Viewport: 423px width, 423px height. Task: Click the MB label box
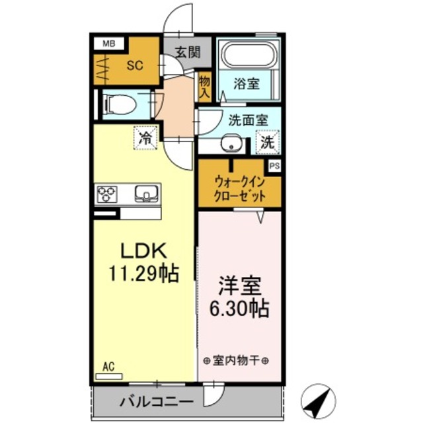(x=108, y=44)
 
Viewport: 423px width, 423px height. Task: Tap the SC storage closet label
(x=135, y=65)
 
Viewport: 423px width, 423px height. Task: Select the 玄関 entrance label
(x=187, y=53)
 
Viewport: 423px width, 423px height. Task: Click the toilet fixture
(x=120, y=104)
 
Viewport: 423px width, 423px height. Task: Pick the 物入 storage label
(x=204, y=87)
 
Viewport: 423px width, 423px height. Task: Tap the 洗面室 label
(x=248, y=121)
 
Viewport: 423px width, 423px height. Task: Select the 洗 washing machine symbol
(x=268, y=141)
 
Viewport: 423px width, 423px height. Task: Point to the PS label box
(x=274, y=167)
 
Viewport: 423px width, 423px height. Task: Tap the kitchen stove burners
(x=107, y=194)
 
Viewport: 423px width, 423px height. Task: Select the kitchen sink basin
(x=145, y=194)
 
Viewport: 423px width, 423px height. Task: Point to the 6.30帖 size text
(x=240, y=307)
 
